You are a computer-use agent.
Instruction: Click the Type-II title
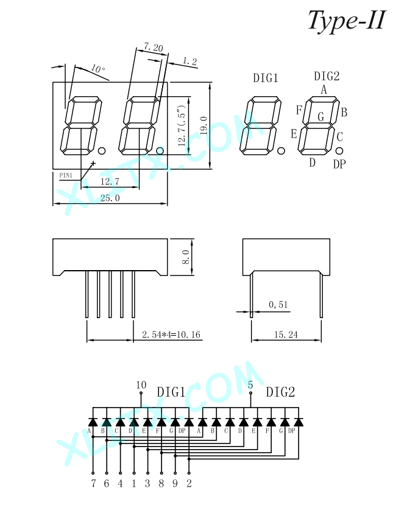pyautogui.click(x=347, y=21)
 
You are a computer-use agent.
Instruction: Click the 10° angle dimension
pyautogui.click(x=98, y=69)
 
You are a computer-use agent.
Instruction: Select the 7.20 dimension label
pyautogui.click(x=154, y=47)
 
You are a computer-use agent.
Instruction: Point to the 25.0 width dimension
pyautogui.click(x=110, y=198)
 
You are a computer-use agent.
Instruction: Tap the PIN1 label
pyautogui.click(x=66, y=175)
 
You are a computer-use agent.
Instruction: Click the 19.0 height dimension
pyautogui.click(x=203, y=125)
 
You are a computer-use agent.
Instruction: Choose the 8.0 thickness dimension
pyautogui.click(x=185, y=257)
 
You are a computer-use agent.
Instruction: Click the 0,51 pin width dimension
pyautogui.click(x=278, y=305)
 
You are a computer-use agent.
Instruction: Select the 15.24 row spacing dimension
pyautogui.click(x=286, y=335)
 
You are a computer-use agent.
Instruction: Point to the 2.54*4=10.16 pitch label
pyautogui.click(x=171, y=335)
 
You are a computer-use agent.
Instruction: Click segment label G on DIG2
pyautogui.click(x=321, y=117)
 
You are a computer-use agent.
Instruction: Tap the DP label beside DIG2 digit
pyautogui.click(x=339, y=164)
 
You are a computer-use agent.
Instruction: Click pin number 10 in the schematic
pyautogui.click(x=141, y=385)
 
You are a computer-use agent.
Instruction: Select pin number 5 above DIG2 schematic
pyautogui.click(x=250, y=385)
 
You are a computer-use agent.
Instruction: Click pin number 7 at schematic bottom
pyautogui.click(x=93, y=483)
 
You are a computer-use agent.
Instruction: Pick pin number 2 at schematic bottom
pyautogui.click(x=189, y=483)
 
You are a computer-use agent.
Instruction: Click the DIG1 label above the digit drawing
pyautogui.click(x=266, y=78)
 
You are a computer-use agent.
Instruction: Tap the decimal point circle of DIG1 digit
pyautogui.click(x=281, y=151)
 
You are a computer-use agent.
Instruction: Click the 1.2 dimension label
pyautogui.click(x=189, y=61)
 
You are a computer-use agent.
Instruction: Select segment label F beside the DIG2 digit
pyautogui.click(x=299, y=110)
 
